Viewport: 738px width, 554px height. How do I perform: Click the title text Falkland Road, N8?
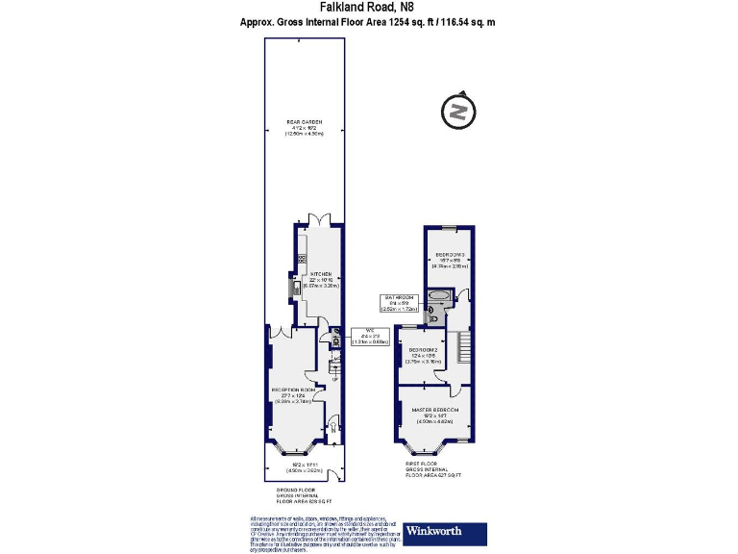pyautogui.click(x=368, y=7)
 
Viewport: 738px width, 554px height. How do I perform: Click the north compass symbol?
pyautogui.click(x=458, y=113)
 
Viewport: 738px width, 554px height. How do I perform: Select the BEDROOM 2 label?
pyautogui.click(x=423, y=353)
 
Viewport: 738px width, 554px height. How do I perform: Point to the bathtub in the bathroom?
pyautogui.click(x=439, y=297)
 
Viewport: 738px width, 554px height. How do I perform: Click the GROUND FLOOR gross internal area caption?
pyautogui.click(x=304, y=495)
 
